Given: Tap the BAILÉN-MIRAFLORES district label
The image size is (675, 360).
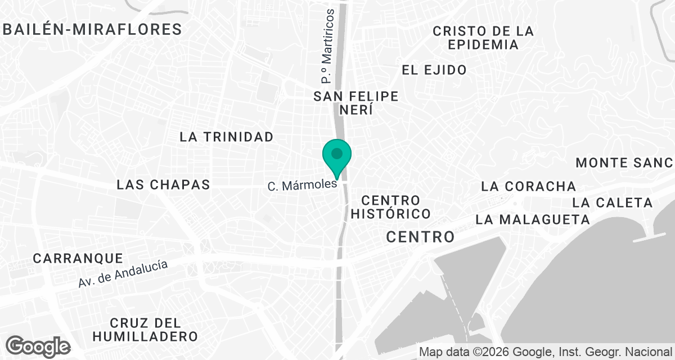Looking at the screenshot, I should [x=93, y=29].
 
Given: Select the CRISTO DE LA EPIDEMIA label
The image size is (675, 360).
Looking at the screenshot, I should [x=483, y=38].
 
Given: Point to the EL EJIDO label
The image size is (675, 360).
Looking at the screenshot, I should [x=434, y=70].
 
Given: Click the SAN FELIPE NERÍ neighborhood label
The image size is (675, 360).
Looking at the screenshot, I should [x=356, y=103].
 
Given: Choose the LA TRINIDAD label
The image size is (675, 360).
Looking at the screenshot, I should [x=227, y=137].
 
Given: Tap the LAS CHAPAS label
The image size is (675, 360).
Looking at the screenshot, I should [x=163, y=184].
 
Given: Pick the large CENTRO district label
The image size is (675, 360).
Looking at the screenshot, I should [x=420, y=237].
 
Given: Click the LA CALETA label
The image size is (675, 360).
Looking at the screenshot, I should [x=613, y=202].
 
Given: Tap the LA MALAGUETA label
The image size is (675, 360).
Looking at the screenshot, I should [x=532, y=219].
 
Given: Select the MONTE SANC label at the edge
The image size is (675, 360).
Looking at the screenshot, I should [x=624, y=163].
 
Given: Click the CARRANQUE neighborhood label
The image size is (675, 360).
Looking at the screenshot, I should [x=78, y=259].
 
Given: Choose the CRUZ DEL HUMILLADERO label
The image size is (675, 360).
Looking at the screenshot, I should [x=146, y=330].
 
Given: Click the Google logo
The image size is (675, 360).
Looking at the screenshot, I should [x=38, y=346].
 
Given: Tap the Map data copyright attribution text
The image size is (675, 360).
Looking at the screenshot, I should [x=545, y=352].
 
